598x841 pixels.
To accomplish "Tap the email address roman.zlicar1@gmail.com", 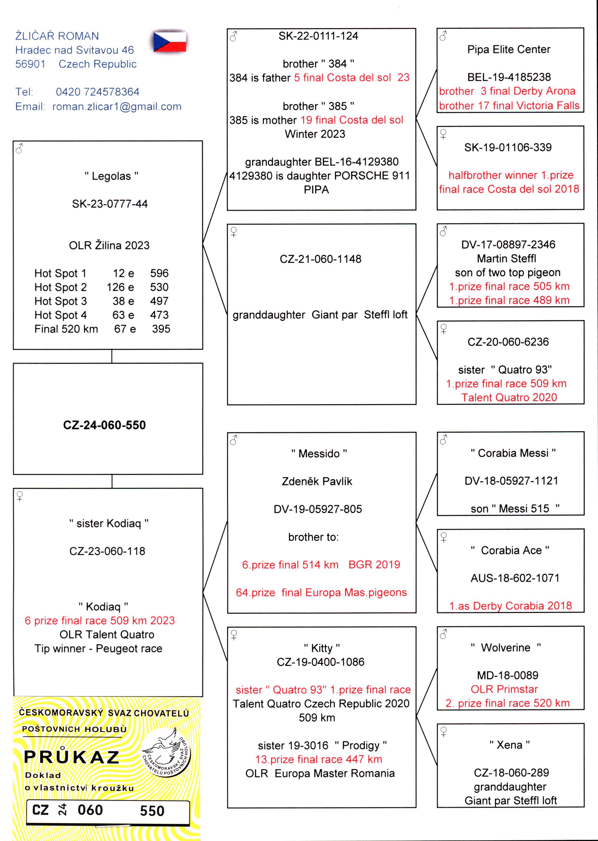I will (117, 107).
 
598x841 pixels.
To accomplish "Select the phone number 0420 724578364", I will (98, 92).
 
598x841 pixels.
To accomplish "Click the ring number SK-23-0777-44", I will (110, 204).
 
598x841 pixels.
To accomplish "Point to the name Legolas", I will (111, 176).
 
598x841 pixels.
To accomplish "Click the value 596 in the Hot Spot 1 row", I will (159, 273).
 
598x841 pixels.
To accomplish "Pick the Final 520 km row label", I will (66, 329).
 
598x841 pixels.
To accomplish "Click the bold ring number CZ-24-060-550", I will (105, 425).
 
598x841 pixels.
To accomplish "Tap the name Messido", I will (319, 454).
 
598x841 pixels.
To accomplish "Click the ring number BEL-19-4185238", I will (509, 77).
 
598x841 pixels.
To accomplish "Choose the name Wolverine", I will (506, 648).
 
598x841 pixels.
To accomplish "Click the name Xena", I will (509, 745).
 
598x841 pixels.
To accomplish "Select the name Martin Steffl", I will (506, 259).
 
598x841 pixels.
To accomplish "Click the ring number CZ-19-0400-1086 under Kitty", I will (320, 662).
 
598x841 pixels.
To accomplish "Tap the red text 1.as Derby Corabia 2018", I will (510, 606).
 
